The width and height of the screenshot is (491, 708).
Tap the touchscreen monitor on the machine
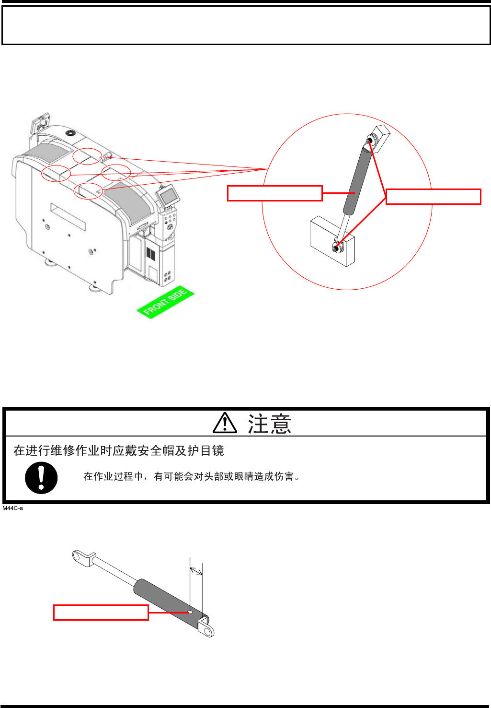[169, 195]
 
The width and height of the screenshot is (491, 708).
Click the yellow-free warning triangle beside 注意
[225, 423]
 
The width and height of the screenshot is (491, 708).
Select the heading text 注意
[269, 424]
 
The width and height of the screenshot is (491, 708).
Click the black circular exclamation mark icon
[41, 478]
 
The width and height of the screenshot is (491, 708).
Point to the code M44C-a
[13, 508]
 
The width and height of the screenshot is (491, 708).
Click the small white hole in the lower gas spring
[190, 612]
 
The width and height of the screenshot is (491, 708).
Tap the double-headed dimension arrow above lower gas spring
[196, 570]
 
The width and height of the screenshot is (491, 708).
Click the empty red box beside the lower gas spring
[101, 613]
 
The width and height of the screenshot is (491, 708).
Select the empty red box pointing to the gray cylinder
[274, 193]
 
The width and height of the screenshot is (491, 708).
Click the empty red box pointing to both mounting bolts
[433, 197]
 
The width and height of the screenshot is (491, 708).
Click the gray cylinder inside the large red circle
[357, 180]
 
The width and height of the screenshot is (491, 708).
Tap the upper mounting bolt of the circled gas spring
[371, 141]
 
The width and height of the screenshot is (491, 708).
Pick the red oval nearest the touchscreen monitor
[116, 172]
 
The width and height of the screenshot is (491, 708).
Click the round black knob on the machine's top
[72, 132]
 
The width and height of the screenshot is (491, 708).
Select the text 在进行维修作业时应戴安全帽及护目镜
[118, 451]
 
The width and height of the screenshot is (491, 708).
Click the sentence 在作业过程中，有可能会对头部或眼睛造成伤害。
[192, 476]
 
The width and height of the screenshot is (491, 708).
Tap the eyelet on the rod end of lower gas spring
[79, 556]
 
